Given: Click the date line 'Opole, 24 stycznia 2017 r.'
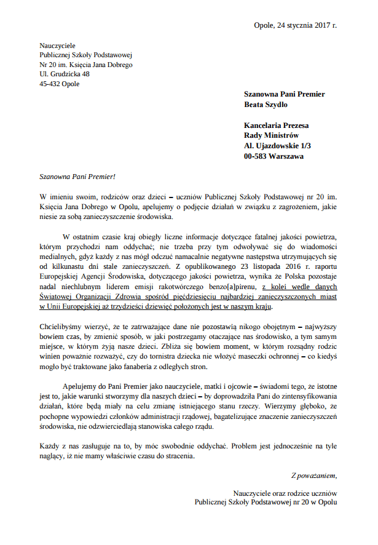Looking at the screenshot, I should tap(295, 25).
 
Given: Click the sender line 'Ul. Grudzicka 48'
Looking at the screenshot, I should tap(64, 74).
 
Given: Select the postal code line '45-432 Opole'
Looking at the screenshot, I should tap(59, 84).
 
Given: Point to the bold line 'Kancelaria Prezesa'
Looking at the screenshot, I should tap(277, 125).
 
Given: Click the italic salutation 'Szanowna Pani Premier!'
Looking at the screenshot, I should tap(77, 177).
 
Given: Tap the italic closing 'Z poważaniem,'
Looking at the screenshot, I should tap(314, 475).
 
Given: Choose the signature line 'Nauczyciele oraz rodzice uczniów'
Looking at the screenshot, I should tap(285, 493).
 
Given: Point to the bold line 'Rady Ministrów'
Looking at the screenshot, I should tap(271, 135).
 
